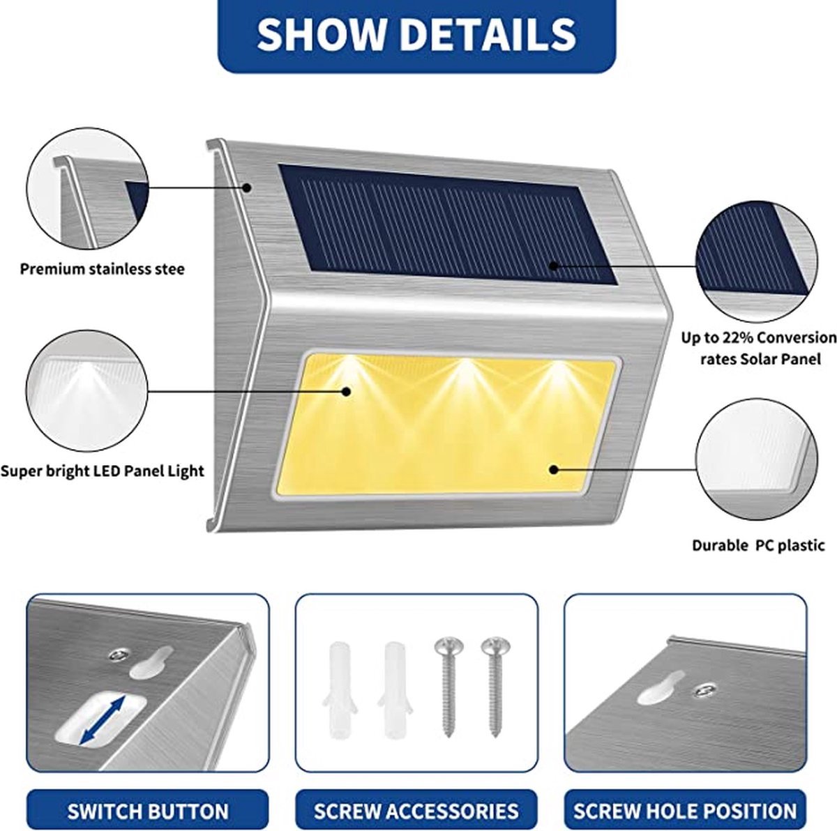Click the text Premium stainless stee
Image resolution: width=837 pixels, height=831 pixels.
(x=103, y=269)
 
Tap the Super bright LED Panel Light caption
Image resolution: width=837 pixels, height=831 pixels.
(x=102, y=471)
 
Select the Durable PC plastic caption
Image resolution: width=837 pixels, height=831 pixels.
(x=758, y=545)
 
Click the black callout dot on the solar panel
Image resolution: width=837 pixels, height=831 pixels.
(x=553, y=266)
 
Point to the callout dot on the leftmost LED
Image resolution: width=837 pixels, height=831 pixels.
(x=346, y=391)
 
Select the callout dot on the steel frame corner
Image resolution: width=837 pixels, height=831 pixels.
(x=247, y=188)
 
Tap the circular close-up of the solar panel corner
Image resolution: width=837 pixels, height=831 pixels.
(x=757, y=261)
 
